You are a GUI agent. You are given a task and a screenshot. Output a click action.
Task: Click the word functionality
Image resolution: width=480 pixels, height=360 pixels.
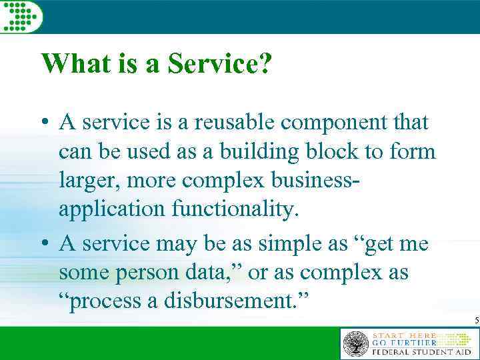238,209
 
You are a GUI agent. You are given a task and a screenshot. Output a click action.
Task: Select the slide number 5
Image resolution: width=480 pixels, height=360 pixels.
476,321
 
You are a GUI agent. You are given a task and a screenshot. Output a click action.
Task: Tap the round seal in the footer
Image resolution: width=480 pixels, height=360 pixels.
355,344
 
